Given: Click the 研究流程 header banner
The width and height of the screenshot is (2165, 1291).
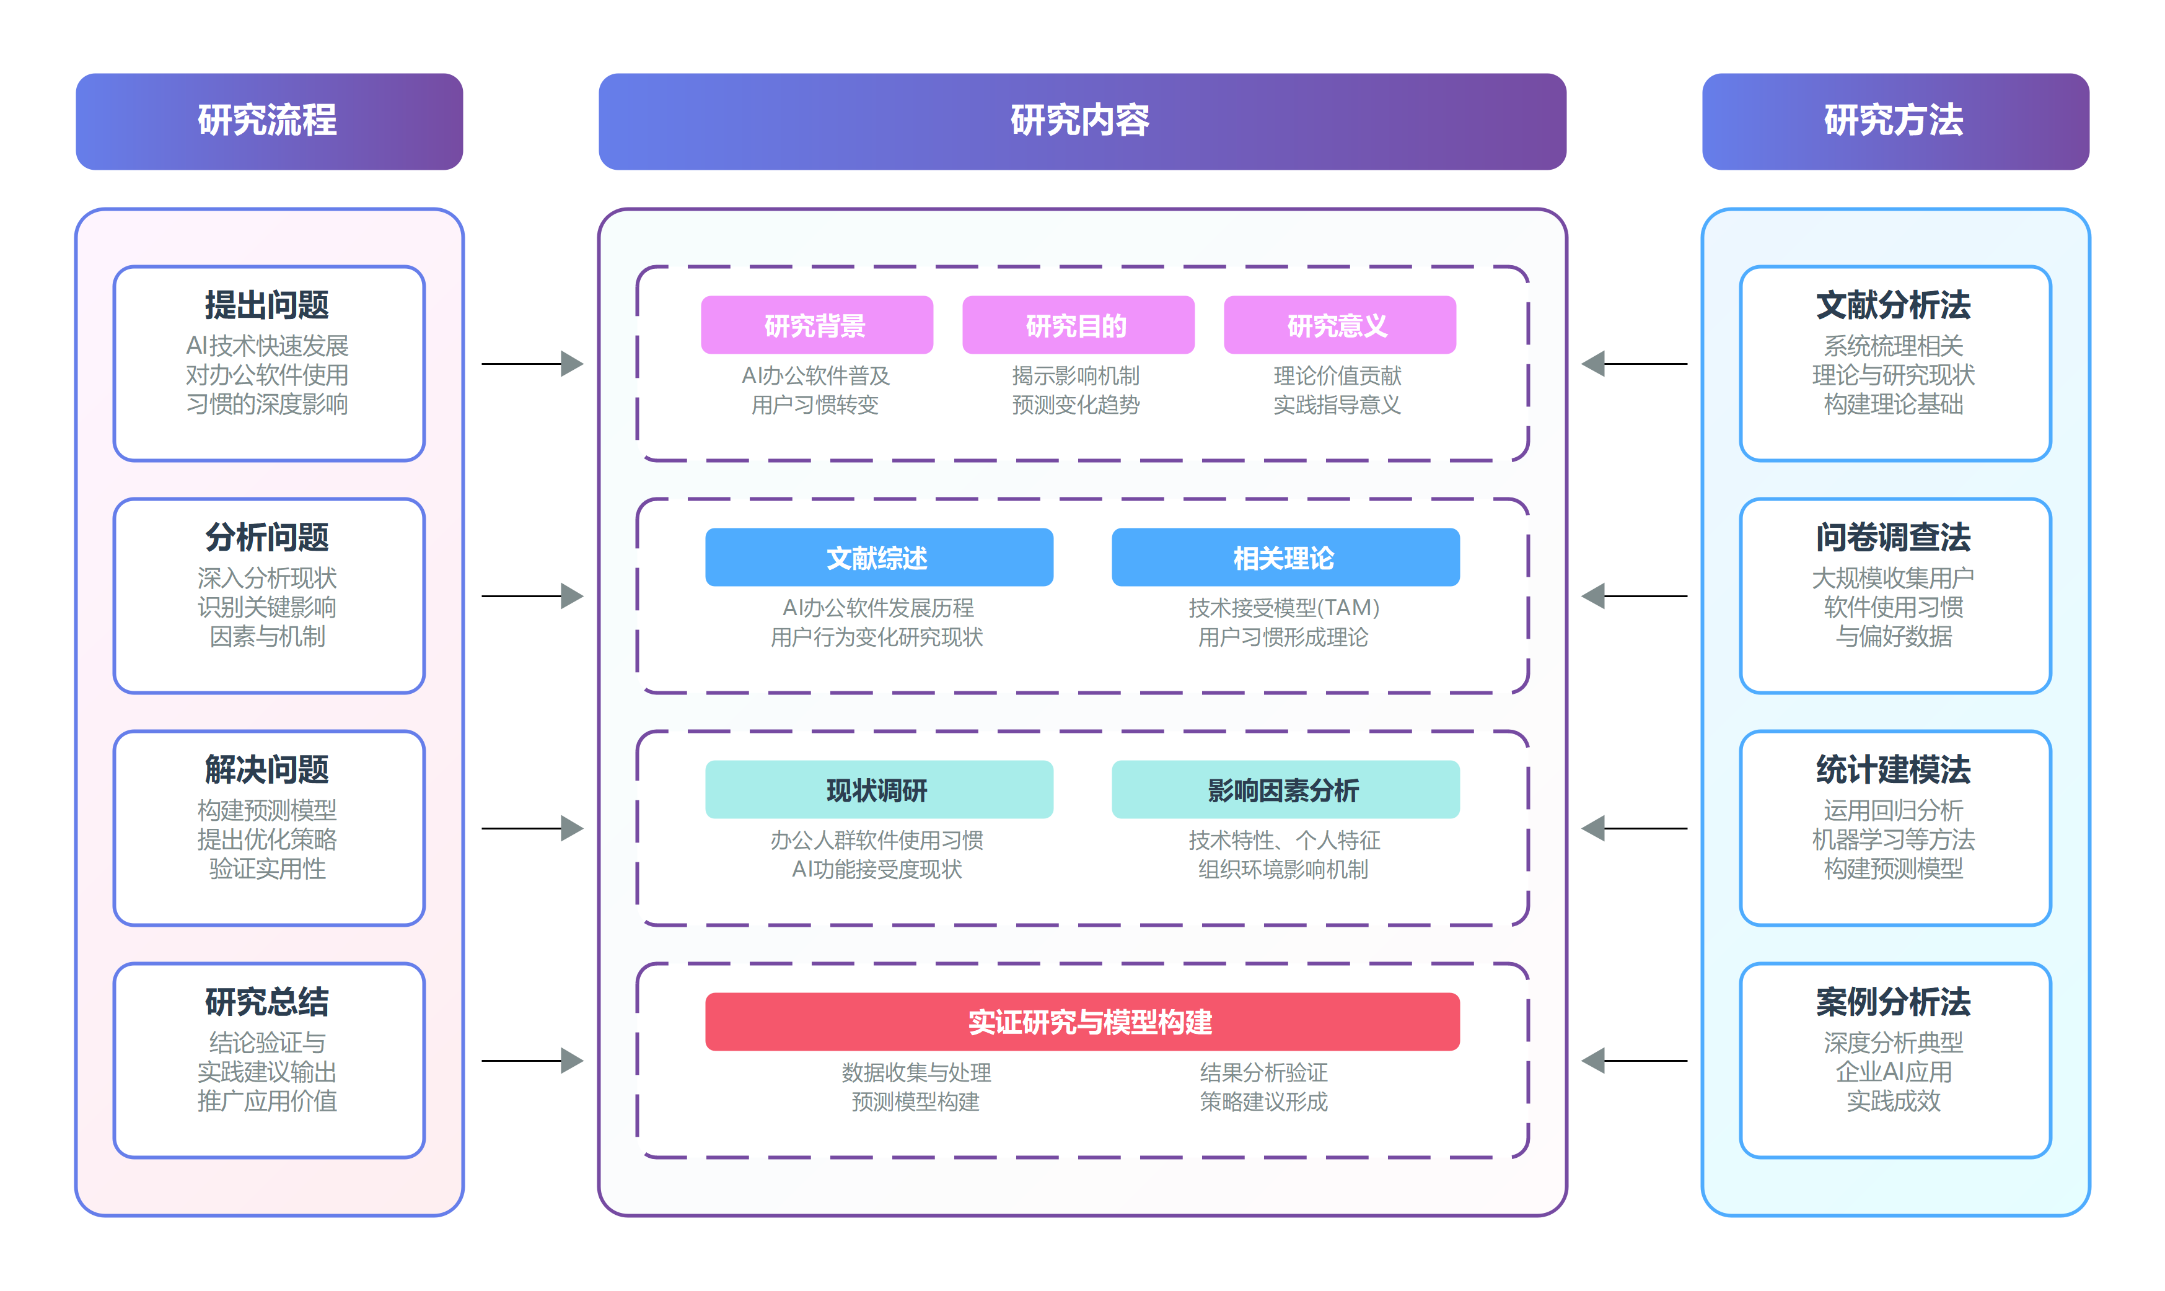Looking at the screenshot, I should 269,121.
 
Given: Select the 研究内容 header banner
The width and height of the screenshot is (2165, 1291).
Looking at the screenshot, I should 1082,121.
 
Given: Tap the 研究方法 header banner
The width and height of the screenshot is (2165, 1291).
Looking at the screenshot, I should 1894,121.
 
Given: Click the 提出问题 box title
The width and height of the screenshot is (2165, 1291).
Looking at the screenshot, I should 267,305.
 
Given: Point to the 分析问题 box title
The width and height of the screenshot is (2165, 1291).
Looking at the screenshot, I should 267,538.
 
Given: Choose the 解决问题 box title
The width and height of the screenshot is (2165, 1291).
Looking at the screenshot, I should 267,770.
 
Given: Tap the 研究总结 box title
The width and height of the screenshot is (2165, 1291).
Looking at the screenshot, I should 267,1002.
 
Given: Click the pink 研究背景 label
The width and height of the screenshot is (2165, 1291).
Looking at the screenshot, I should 816,325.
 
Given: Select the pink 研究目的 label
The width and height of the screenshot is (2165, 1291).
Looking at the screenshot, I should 1078,325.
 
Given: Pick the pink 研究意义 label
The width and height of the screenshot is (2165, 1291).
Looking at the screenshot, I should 1338,325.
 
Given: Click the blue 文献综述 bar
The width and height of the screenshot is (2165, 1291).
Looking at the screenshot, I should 878,558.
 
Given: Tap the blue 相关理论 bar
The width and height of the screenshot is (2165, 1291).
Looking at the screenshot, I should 1285,558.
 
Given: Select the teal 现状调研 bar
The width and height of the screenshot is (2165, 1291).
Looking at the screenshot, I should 878,790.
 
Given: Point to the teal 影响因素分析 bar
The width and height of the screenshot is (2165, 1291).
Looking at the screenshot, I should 1285,790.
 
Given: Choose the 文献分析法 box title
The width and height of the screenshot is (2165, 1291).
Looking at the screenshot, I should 1894,305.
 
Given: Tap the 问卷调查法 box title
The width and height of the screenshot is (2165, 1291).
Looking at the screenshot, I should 1894,538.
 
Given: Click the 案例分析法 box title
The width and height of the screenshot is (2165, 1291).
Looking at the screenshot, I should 1894,1002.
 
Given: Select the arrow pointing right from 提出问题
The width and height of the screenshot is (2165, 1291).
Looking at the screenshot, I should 532,364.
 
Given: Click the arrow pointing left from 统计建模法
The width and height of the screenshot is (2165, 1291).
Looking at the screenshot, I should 1633,828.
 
